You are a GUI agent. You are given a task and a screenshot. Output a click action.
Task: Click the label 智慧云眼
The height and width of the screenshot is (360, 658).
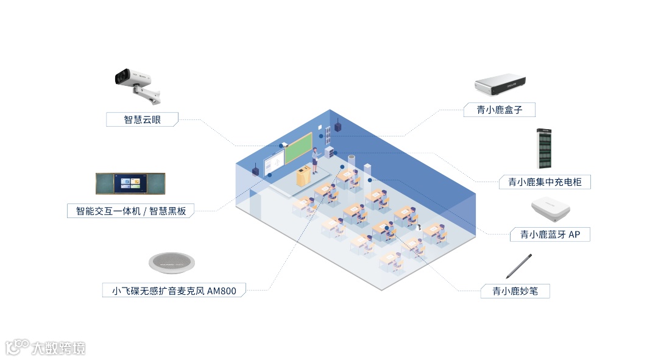click(142, 119)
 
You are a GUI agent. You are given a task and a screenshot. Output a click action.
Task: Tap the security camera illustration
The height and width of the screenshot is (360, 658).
click(138, 84)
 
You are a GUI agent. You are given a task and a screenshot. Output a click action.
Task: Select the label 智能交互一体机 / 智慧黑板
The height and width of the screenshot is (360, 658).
click(130, 211)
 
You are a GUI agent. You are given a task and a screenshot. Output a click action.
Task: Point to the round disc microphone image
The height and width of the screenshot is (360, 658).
click(171, 262)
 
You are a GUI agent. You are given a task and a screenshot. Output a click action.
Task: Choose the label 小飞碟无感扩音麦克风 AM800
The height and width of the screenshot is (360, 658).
click(169, 291)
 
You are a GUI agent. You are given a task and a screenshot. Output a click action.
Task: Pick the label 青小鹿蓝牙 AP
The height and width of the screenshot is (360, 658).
click(550, 235)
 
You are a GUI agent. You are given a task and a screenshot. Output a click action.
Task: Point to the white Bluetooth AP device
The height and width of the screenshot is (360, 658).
click(550, 209)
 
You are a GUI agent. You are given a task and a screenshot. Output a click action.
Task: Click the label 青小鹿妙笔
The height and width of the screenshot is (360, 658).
click(513, 291)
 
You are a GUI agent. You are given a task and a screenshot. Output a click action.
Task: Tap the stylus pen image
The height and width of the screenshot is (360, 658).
click(518, 266)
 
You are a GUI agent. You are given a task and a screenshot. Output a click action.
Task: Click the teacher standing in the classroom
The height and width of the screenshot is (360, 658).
click(315, 160)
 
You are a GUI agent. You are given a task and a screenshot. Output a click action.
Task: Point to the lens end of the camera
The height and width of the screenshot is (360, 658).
click(120, 77)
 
